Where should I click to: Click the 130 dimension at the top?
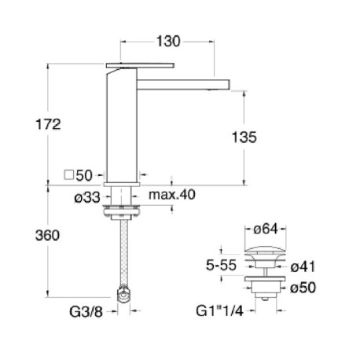tap(168, 40)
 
